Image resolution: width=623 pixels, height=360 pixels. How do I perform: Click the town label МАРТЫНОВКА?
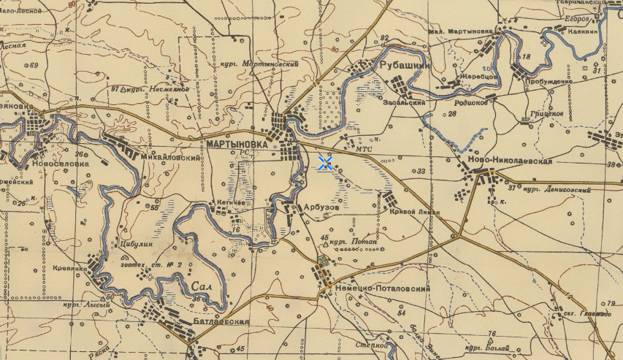237,145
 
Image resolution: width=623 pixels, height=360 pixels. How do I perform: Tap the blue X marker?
326,164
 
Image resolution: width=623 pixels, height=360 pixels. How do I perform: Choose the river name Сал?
204,286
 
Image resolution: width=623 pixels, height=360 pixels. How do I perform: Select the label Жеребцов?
478,75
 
